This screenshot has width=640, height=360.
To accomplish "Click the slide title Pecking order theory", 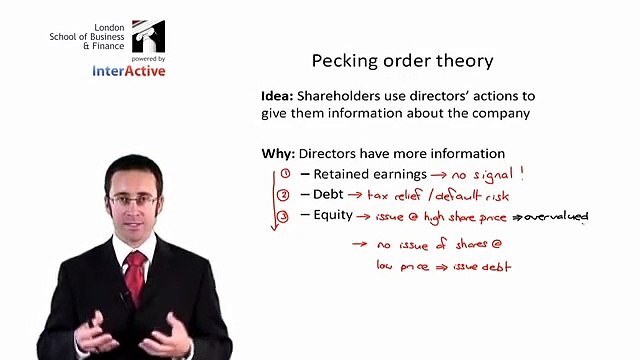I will [402, 61].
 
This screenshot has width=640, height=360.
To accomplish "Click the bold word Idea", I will [276, 96].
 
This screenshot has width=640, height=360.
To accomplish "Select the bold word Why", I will [276, 154].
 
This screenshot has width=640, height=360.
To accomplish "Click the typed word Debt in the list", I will [329, 195].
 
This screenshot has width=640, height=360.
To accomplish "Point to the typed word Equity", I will [332, 214].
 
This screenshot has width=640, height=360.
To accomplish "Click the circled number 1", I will [284, 174].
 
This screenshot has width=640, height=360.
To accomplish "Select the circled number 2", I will [284, 195].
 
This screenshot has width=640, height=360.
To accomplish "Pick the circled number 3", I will [284, 214].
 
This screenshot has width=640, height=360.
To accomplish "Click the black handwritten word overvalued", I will [556, 216].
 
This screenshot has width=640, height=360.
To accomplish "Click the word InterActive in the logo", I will [129, 71].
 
